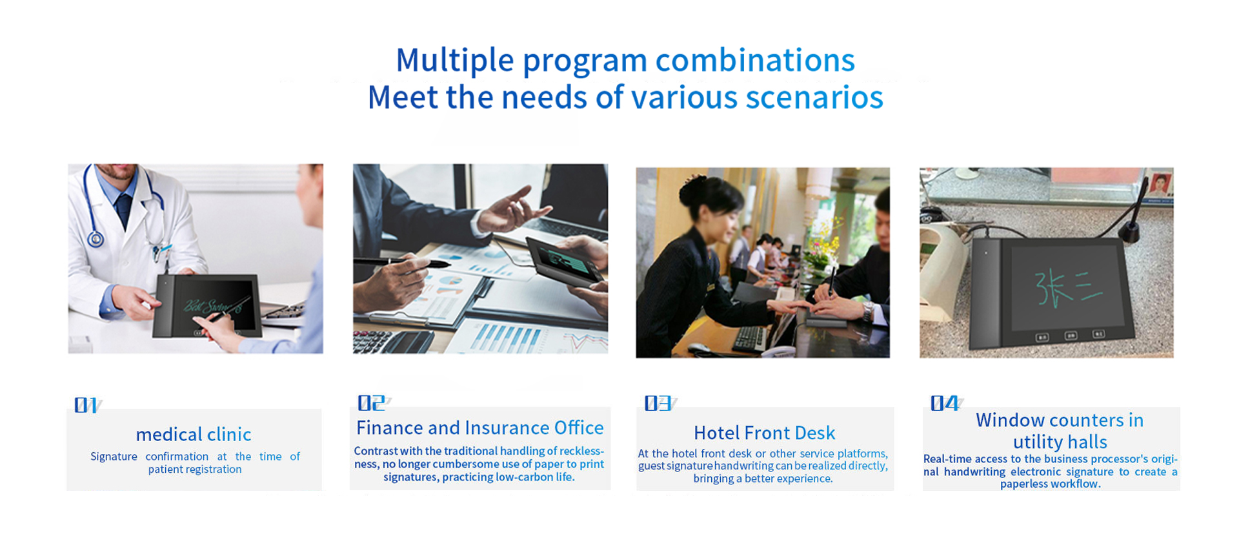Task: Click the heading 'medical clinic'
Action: [194, 434]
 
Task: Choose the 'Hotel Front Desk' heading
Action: [764, 433]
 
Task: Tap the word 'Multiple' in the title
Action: [455, 61]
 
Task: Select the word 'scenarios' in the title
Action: [814, 98]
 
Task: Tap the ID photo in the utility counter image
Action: [1160, 185]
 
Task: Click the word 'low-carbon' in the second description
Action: [525, 477]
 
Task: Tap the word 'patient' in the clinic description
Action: [165, 470]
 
